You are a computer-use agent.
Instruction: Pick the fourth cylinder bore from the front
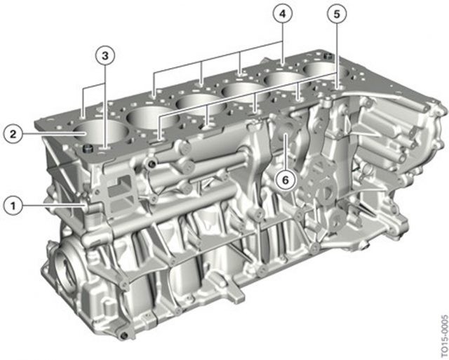tap(239, 90)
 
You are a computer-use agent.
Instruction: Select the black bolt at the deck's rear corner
tap(328, 53)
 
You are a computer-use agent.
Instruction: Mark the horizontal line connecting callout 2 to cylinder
tap(49, 132)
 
